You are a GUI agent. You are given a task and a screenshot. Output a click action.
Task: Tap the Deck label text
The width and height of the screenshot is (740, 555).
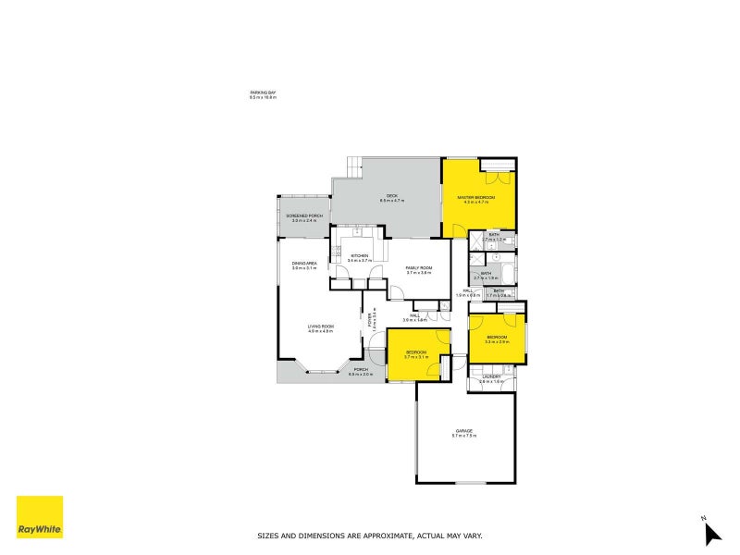[391, 196]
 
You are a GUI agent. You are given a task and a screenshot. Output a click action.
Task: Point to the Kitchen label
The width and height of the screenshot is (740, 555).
[359, 256]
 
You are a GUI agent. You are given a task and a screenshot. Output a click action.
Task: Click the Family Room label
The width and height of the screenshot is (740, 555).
[419, 268]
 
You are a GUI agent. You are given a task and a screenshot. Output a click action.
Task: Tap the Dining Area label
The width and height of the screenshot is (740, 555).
[305, 264]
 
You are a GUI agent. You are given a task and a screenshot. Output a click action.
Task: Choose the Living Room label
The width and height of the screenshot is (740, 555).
[321, 327]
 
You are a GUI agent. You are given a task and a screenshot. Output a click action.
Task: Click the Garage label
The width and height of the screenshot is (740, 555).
[463, 430]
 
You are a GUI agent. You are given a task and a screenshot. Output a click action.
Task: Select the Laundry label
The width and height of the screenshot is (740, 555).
[490, 376]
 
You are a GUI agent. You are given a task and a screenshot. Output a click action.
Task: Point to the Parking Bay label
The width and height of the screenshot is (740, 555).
[263, 93]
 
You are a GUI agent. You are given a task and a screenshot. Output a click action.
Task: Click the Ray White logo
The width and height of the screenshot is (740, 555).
[40, 517]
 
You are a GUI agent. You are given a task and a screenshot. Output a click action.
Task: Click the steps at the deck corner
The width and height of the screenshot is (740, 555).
[354, 167]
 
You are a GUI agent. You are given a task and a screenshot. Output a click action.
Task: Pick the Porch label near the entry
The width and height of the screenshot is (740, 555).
[360, 370]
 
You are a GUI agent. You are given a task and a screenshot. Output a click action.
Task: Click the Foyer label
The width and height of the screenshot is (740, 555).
[372, 319]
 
